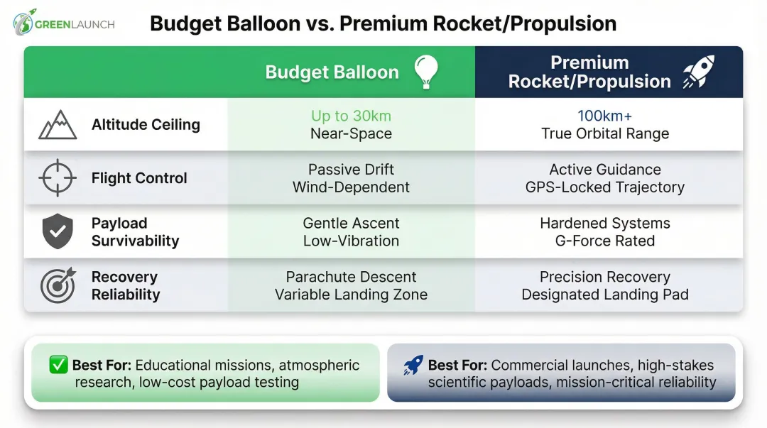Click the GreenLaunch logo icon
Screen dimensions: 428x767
click(25, 22)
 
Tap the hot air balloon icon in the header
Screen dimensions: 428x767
click(426, 72)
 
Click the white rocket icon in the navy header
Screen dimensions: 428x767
click(699, 72)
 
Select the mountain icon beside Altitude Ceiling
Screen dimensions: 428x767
click(58, 125)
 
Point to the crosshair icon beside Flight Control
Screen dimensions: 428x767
click(58, 178)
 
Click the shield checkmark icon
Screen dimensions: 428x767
click(58, 232)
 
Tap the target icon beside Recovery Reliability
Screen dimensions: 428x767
click(58, 285)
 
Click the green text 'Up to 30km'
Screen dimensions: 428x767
click(351, 116)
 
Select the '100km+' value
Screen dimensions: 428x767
click(604, 116)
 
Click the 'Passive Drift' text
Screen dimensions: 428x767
click(351, 170)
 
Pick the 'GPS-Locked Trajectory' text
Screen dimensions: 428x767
click(604, 187)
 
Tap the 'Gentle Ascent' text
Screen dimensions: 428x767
click(351, 223)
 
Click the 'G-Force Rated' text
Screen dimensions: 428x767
click(604, 241)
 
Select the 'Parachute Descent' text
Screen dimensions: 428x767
click(351, 277)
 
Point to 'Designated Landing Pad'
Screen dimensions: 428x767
click(604, 295)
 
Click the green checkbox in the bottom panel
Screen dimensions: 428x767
click(58, 365)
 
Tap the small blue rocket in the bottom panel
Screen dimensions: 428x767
click(413, 365)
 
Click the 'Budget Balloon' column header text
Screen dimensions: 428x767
click(332, 72)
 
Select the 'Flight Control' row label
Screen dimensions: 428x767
click(139, 178)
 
